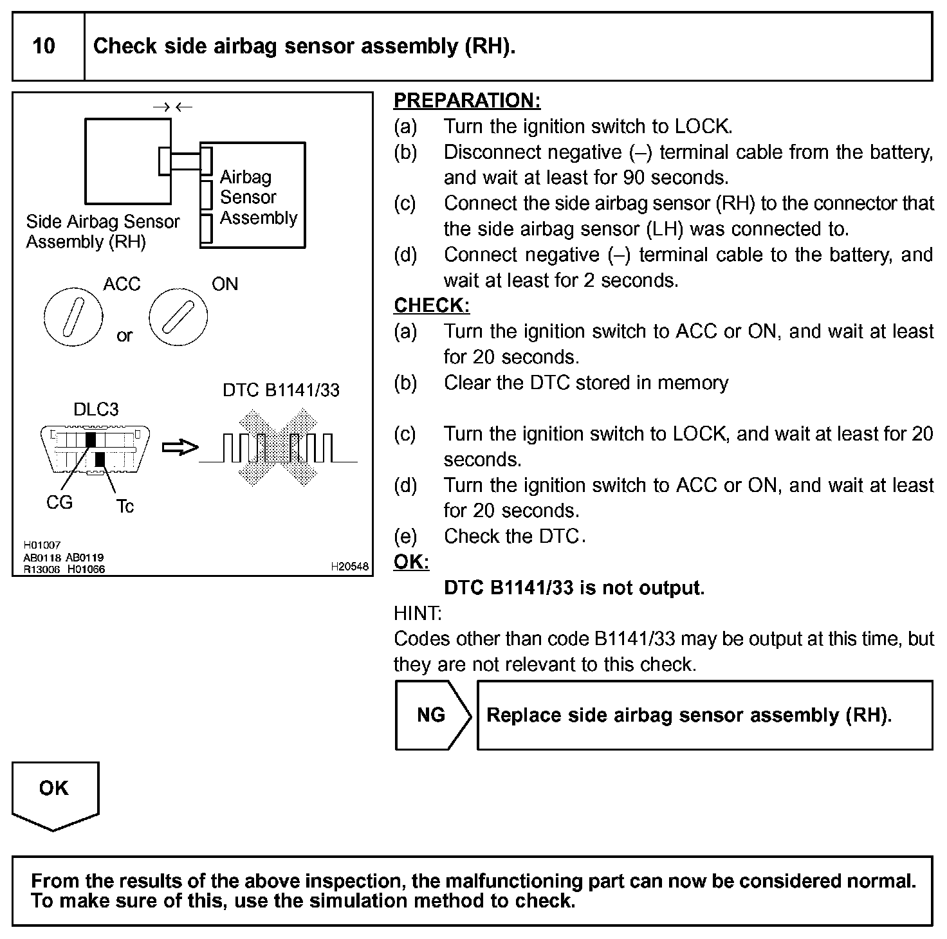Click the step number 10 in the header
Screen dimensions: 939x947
coord(44,46)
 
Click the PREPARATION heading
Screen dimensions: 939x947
coord(467,100)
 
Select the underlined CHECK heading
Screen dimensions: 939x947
coord(432,305)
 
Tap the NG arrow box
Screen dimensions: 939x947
coord(431,715)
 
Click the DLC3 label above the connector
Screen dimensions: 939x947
coord(96,410)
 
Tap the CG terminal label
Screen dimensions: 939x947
coord(59,503)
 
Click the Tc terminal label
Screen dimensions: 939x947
coord(125,507)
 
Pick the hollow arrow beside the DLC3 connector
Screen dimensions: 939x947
coord(179,447)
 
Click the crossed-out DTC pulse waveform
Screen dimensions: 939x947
coord(278,448)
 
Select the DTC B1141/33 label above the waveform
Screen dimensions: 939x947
coord(280,390)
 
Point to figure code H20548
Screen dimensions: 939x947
coord(350,567)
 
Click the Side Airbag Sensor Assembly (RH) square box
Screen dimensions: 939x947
coord(127,161)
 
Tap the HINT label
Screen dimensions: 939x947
coord(417,614)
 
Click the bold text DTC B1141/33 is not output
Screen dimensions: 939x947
coord(574,588)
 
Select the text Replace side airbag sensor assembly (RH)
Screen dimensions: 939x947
coord(689,715)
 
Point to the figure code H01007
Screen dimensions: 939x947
coord(42,545)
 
